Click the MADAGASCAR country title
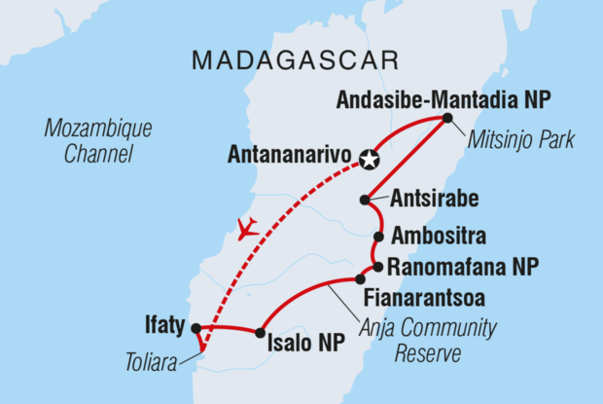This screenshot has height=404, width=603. click(295, 59)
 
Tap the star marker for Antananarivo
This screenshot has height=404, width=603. click(369, 159)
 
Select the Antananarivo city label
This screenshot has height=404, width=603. click(290, 155)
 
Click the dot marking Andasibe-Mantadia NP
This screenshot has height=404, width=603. click(446, 118)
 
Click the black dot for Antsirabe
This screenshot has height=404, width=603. click(365, 200)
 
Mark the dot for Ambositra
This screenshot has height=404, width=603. click(378, 236)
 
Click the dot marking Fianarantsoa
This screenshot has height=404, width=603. click(360, 279)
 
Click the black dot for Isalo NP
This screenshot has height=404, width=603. click(260, 333)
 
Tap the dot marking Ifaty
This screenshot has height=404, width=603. click(195, 328)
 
